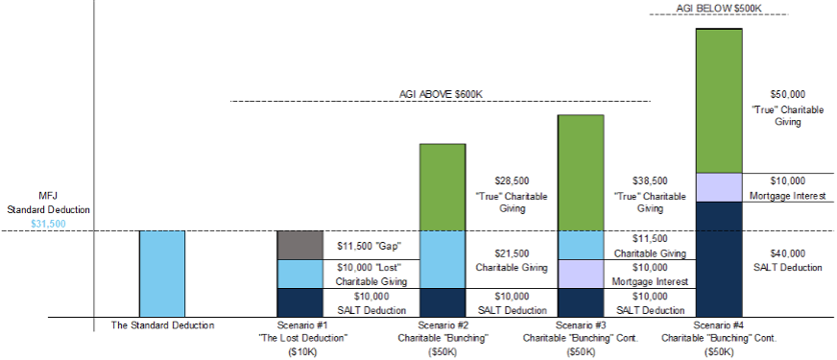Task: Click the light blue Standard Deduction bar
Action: pos(161,274)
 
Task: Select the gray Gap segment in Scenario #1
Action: pos(299,245)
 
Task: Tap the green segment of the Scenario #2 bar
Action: pos(442,187)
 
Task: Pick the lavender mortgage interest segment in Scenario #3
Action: pos(581,274)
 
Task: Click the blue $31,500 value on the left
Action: pos(49,224)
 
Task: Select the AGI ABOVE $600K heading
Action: pos(441,94)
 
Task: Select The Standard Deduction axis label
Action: pos(161,325)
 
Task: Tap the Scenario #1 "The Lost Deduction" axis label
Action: pos(299,339)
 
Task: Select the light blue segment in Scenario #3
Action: pos(581,245)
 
